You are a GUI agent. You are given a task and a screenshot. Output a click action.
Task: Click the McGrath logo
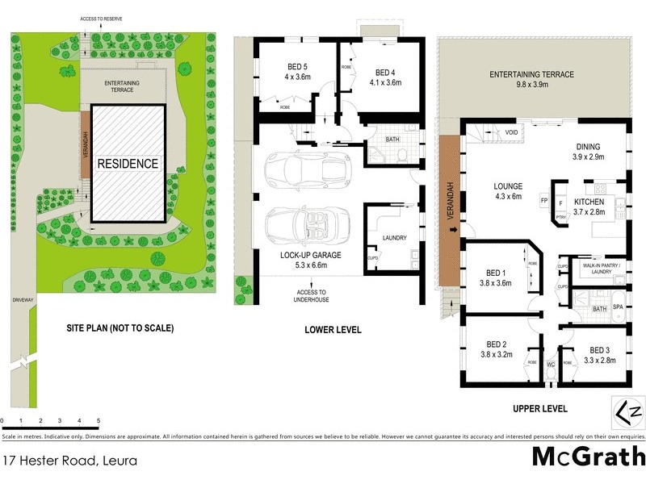587,456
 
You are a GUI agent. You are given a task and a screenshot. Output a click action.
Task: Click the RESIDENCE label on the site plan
128,163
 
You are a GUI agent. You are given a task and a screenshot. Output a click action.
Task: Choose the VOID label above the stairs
511,132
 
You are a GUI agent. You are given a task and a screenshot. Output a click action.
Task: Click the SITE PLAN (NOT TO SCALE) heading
120,328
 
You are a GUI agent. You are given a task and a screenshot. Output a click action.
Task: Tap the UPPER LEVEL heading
539,408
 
